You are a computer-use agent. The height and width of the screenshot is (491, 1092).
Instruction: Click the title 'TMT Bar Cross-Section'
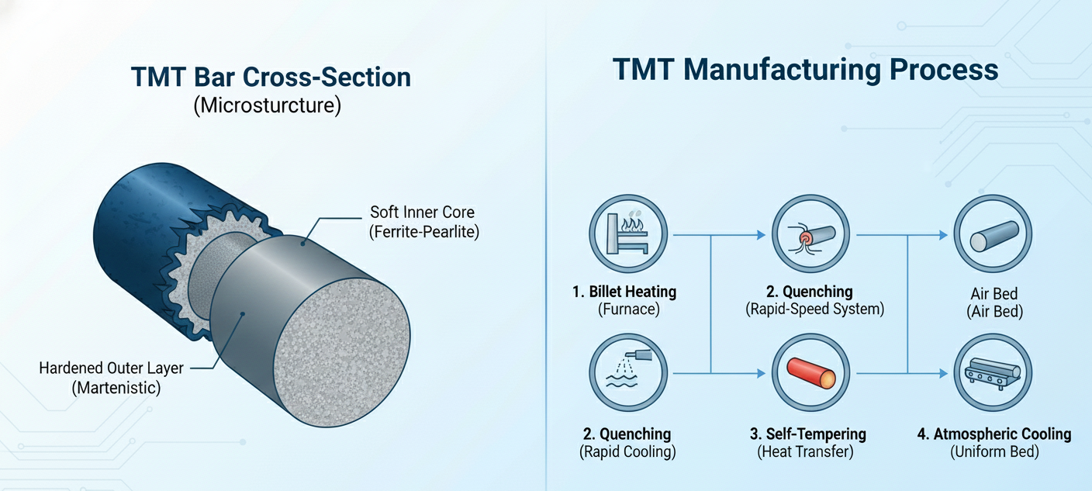tap(271, 78)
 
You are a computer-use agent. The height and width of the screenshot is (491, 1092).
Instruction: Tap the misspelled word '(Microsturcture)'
tap(267, 105)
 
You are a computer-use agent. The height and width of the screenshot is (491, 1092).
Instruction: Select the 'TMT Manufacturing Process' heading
tap(805, 70)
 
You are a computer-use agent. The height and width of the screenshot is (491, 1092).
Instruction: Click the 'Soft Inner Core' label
tap(423, 212)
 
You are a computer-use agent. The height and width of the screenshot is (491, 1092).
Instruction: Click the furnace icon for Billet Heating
tap(627, 233)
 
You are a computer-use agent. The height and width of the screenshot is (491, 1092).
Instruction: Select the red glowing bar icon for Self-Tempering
tap(810, 374)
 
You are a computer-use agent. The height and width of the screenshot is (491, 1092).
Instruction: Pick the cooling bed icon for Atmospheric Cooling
tap(992, 373)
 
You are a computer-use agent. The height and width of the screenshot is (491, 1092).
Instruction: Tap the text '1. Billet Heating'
tap(624, 292)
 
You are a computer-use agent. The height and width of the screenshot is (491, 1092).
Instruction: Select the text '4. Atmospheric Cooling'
tap(994, 434)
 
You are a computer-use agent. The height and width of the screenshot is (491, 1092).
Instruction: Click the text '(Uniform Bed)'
tap(994, 451)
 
